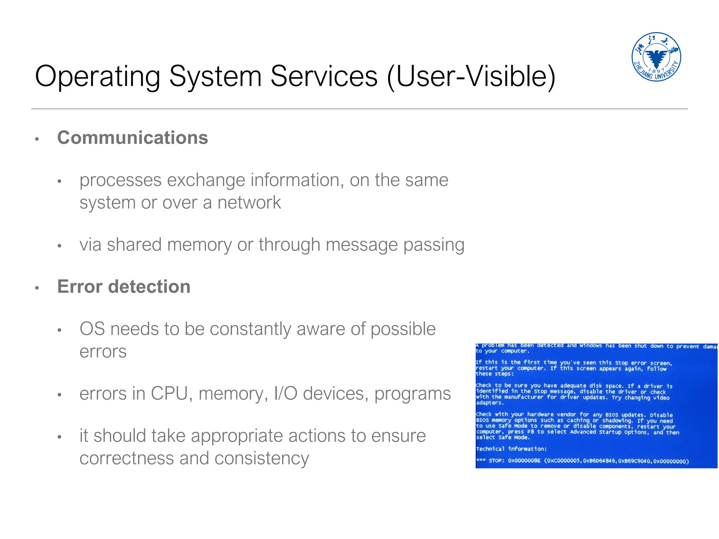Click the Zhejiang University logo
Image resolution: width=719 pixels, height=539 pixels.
pos(656,57)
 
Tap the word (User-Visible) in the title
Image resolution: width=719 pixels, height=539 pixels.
pos(471,76)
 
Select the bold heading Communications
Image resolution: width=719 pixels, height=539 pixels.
pos(132,138)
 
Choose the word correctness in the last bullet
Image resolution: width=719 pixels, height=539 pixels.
pos(126,458)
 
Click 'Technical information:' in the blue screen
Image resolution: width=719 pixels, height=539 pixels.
pos(511,449)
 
